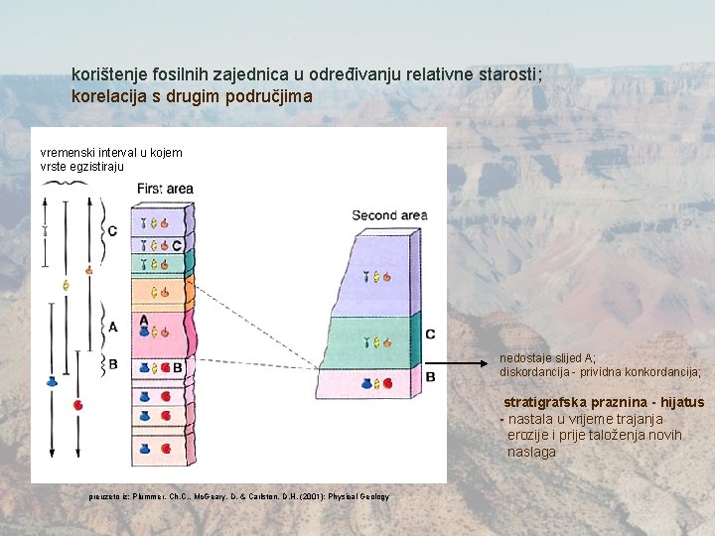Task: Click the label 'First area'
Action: tap(165, 189)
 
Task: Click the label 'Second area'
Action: tap(389, 215)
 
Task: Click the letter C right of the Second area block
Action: tap(430, 335)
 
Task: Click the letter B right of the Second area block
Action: tap(430, 377)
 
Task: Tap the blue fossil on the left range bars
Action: tap(52, 381)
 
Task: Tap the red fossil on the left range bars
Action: tap(77, 405)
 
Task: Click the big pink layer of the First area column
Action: tap(159, 332)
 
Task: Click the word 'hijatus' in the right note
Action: tap(682, 402)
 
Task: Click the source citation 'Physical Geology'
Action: tap(357, 496)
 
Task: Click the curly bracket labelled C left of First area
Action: tap(101, 231)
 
